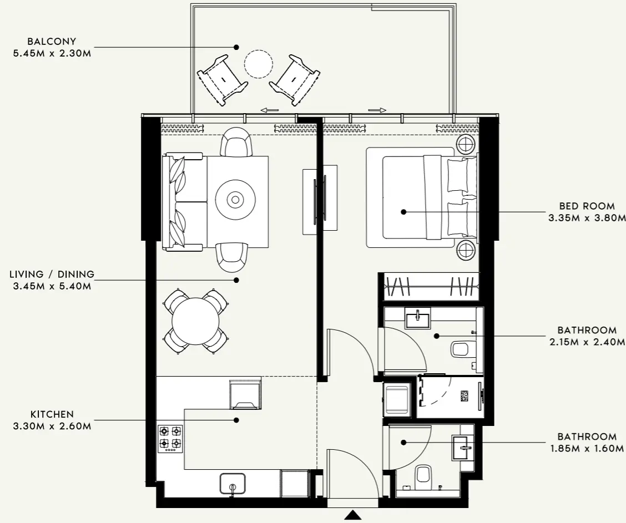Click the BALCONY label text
pyautogui.click(x=51, y=42)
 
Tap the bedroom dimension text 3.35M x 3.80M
pyautogui.click(x=587, y=218)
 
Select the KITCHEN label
pyautogui.click(x=51, y=414)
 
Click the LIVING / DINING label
pyautogui.click(x=52, y=274)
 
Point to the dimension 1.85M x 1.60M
pyautogui.click(x=587, y=449)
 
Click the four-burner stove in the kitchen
pyautogui.click(x=170, y=438)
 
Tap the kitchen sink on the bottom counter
pyautogui.click(x=233, y=483)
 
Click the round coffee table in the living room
pyautogui.click(x=235, y=199)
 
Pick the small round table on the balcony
pyautogui.click(x=259, y=64)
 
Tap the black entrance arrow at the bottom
pyautogui.click(x=352, y=515)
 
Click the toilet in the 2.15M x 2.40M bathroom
pyautogui.click(x=461, y=349)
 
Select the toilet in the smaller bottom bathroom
pyautogui.click(x=423, y=475)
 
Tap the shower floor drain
pyautogui.click(x=465, y=396)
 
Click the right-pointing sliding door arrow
pyautogui.click(x=376, y=110)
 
